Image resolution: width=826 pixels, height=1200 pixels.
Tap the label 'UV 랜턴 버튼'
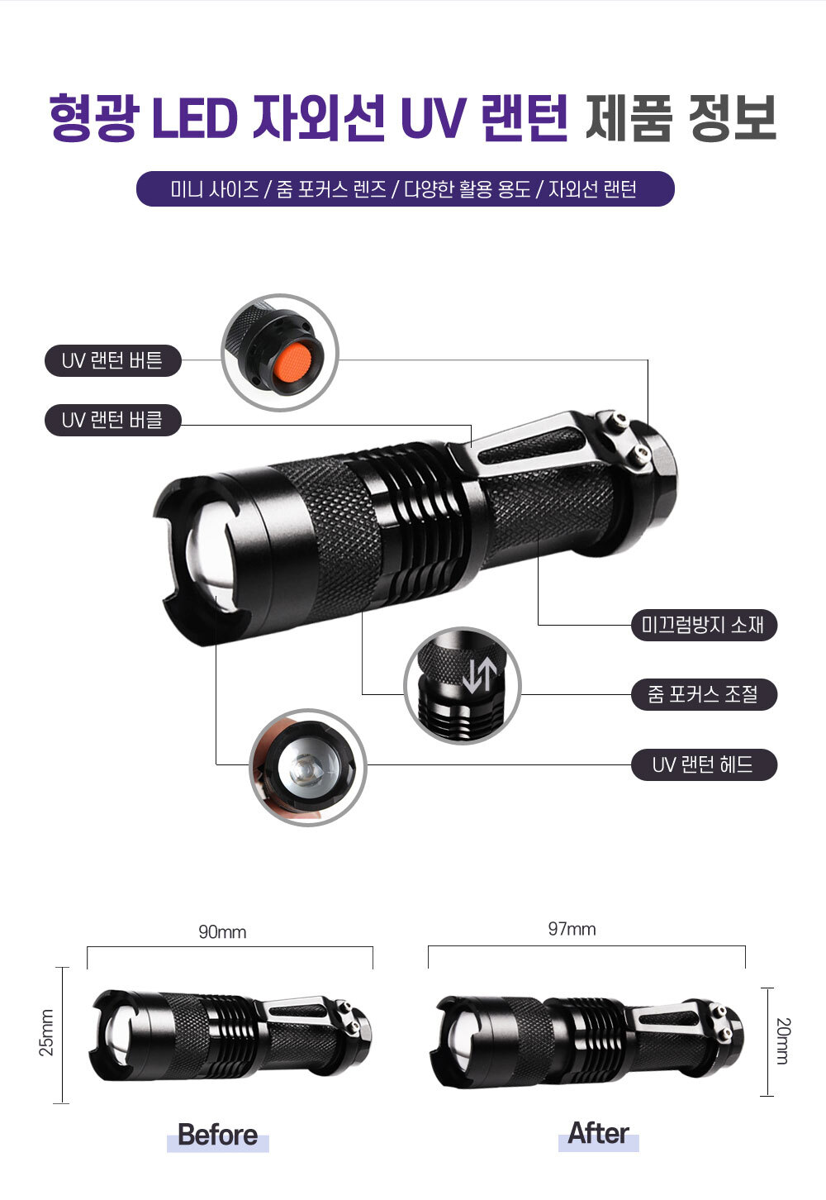pyautogui.click(x=113, y=360)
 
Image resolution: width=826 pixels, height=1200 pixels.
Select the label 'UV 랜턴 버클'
pyautogui.click(x=113, y=420)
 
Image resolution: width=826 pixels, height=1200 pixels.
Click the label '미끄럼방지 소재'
pyautogui.click(x=704, y=625)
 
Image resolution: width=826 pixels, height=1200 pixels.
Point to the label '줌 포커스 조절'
pyautogui.click(x=704, y=695)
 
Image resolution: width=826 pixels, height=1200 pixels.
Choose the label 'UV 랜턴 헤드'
pyautogui.click(x=704, y=764)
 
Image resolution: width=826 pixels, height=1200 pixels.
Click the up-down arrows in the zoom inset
pyautogui.click(x=479, y=675)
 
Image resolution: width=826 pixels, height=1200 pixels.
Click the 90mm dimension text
pyautogui.click(x=223, y=932)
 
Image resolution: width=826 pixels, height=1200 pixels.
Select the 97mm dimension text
pyautogui.click(x=572, y=929)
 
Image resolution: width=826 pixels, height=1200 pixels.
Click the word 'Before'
pyautogui.click(x=218, y=1135)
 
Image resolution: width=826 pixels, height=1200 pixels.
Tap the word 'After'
pyautogui.click(x=599, y=1133)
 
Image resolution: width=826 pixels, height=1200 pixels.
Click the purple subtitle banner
pyautogui.click(x=406, y=188)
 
